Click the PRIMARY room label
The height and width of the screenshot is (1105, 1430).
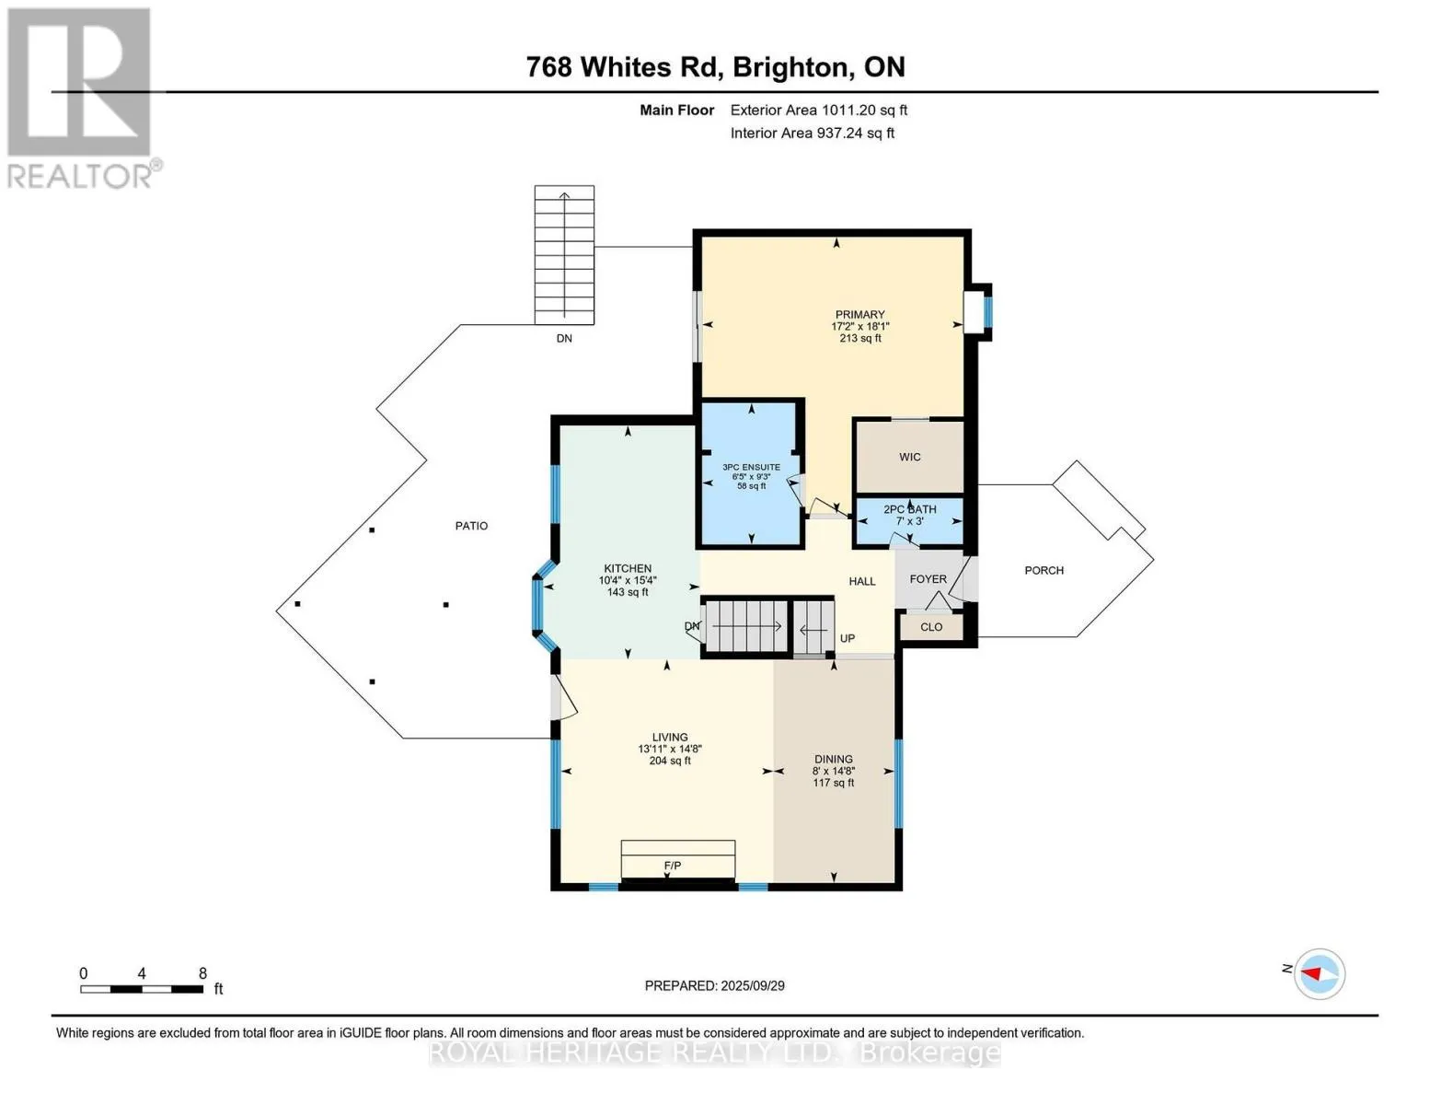(859, 315)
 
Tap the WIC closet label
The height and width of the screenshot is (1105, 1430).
(909, 457)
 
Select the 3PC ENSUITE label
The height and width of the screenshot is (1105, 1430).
(751, 467)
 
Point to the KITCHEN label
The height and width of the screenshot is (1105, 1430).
(628, 568)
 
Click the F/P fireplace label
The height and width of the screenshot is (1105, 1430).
(673, 866)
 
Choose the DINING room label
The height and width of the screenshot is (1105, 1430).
(833, 760)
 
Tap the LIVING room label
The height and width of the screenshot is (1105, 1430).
(670, 738)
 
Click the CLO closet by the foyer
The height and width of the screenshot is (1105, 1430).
(931, 627)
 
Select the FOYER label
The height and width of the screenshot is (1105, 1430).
(928, 579)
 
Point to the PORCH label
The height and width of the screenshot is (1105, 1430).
(1044, 570)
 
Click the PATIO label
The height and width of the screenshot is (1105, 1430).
(471, 526)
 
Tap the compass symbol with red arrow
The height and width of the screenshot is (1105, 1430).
(1319, 974)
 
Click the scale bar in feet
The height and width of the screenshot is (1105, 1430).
(142, 989)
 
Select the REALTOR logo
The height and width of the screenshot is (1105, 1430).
(80, 99)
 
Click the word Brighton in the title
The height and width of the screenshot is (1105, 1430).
(790, 66)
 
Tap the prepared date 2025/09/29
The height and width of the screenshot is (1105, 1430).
(752, 986)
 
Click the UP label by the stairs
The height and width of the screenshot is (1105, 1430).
(847, 638)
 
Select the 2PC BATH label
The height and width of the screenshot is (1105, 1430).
(909, 509)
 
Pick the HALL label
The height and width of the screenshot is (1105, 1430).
(861, 581)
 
